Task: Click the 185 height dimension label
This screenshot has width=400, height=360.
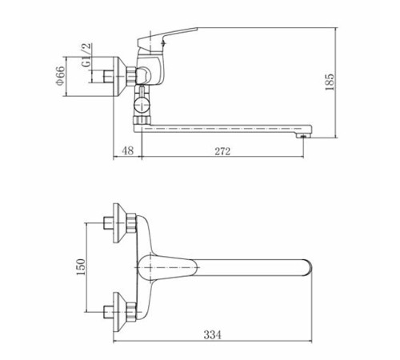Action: coord(330,82)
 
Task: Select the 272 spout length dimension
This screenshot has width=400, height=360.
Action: coord(222,151)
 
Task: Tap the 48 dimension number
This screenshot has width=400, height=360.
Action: coord(127,151)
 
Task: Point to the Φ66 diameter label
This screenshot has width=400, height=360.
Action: coord(60,75)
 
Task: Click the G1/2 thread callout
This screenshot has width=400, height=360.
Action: coord(86,55)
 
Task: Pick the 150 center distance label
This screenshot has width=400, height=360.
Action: coord(81,267)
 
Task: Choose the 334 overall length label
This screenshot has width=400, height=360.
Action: coord(213,334)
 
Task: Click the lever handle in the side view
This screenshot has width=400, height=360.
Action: coord(166,39)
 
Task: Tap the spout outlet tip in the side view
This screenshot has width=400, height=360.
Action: coord(304,136)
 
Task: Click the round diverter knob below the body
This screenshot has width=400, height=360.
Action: coord(142,104)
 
